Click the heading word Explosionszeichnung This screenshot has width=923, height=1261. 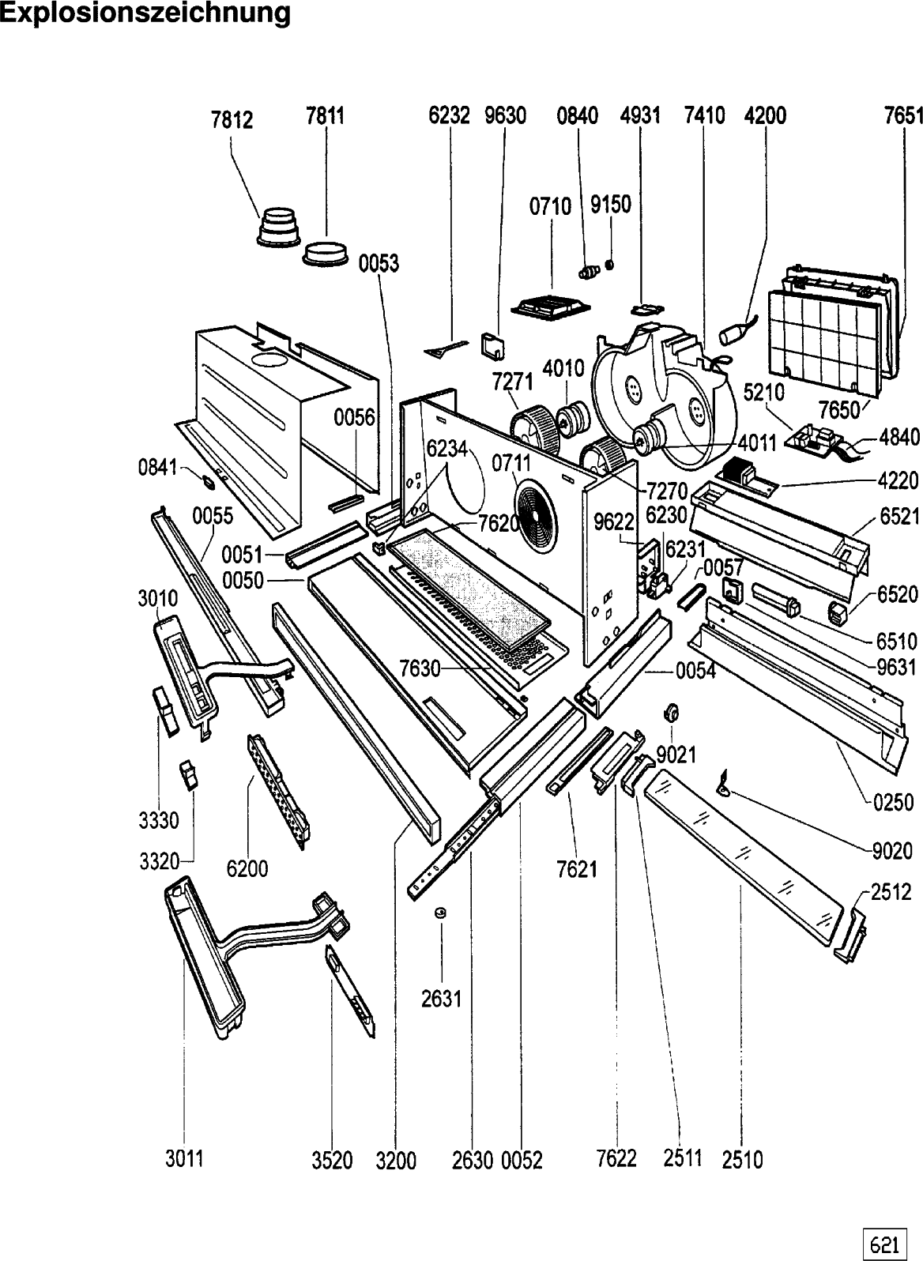pyautogui.click(x=145, y=13)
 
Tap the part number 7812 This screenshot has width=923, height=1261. pyautogui.click(x=232, y=120)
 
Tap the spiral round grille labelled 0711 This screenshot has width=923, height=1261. pyautogui.click(x=536, y=512)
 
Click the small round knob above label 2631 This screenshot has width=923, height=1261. pyautogui.click(x=440, y=912)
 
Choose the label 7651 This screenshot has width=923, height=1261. pyautogui.click(x=903, y=116)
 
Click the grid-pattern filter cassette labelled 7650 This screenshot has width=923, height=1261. pyautogui.click(x=824, y=341)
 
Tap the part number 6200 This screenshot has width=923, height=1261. pyautogui.click(x=247, y=868)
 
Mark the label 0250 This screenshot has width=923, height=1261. pyautogui.click(x=893, y=803)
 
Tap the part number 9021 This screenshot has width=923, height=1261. pyautogui.click(x=676, y=755)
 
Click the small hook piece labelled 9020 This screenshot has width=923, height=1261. pyautogui.click(x=722, y=782)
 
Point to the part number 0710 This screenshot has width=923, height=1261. pyautogui.click(x=550, y=206)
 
